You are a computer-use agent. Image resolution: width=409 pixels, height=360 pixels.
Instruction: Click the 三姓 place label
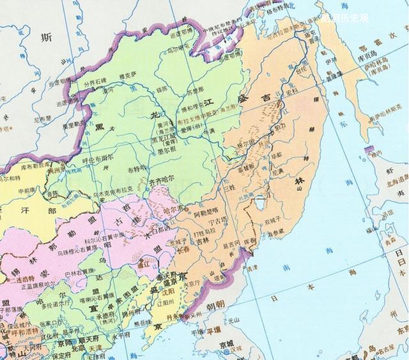pyautogui.click(x=228, y=190)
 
